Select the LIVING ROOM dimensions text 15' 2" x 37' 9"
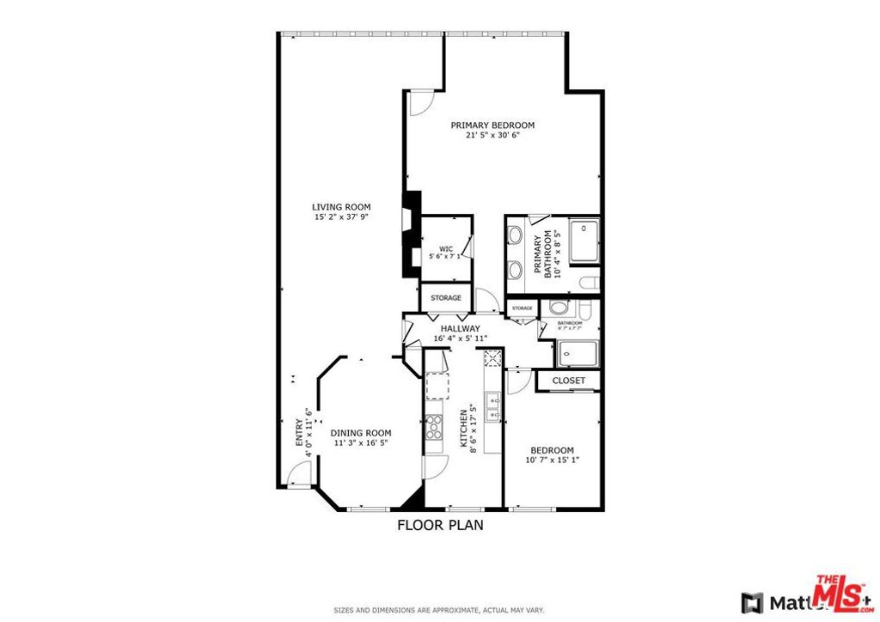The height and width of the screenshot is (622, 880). click(341, 217)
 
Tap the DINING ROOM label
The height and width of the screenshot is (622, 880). click(361, 433)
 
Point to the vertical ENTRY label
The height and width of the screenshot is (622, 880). click(299, 431)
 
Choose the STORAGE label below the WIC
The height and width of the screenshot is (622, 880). click(445, 298)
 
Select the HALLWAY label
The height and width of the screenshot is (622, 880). click(460, 328)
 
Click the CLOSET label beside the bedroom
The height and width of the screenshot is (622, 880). click(568, 380)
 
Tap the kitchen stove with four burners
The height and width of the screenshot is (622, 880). click(433, 427)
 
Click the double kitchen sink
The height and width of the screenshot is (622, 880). click(493, 406)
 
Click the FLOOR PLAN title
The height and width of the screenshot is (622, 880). click(439, 525)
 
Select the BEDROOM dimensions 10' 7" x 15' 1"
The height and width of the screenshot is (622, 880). click(552, 460)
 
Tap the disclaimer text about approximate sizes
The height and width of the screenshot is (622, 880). click(439, 610)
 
